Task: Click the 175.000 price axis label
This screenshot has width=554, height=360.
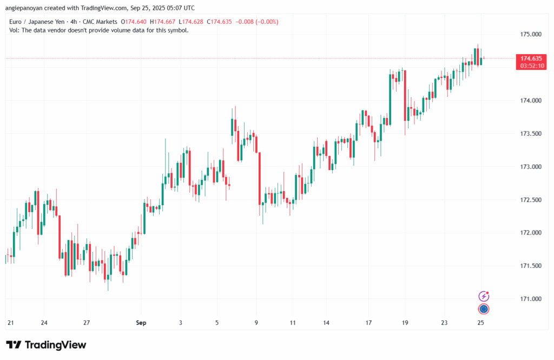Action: point(530,34)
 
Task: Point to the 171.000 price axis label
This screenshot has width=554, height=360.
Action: point(530,299)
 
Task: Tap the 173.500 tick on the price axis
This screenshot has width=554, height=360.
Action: point(530,134)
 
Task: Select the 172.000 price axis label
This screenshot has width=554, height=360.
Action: point(530,233)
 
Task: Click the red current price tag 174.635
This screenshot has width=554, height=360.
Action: point(531,58)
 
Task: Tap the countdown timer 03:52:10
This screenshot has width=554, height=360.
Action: point(531,66)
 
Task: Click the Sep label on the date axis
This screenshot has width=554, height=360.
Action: point(142,323)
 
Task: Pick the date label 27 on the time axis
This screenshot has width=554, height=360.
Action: point(86,323)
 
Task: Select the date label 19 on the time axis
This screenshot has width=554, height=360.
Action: point(405,323)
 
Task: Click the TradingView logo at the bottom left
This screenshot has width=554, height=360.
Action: point(46,345)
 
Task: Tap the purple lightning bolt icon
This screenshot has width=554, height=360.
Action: point(484,296)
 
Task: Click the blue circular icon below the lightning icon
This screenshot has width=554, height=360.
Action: point(484,309)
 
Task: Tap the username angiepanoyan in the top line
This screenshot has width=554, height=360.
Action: point(28,8)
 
